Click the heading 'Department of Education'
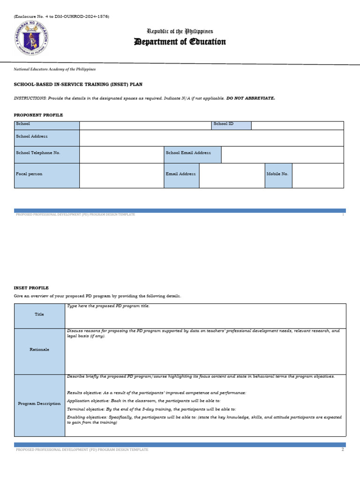tap(180, 42)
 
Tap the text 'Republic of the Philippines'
tap(180, 31)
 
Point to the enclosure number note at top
tap(61, 16)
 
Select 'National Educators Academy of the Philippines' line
tap(55, 69)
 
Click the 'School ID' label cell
tap(231, 125)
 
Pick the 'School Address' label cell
tap(47, 138)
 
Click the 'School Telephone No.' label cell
tap(47, 154)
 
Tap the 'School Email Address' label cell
tap(192, 154)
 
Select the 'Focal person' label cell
tap(47, 175)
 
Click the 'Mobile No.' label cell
tap(278, 175)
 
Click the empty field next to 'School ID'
tap(297, 125)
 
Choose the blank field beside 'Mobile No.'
tap(317, 175)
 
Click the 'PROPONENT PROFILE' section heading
tap(38, 115)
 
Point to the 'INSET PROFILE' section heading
tap(31, 288)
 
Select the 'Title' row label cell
tap(40, 315)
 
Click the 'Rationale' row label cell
tap(40, 351)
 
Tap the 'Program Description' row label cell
tap(40, 405)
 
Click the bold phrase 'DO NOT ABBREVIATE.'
tap(251, 98)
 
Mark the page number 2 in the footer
tap(343, 450)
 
